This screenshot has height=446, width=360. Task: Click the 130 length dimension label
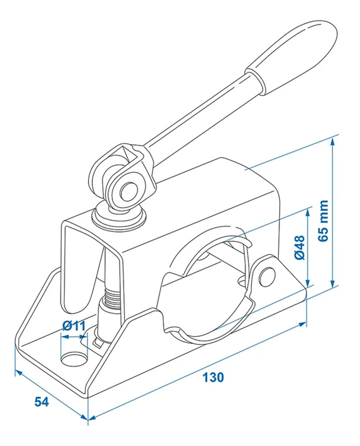tap(213, 377)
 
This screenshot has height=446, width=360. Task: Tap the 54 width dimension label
tap(41, 401)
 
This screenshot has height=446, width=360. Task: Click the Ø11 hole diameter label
tap(74, 326)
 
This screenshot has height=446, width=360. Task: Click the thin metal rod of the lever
tap(196, 114)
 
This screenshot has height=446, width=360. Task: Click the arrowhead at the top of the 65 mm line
tap(332, 141)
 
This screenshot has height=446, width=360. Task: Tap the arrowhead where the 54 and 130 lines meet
tap(88, 418)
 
